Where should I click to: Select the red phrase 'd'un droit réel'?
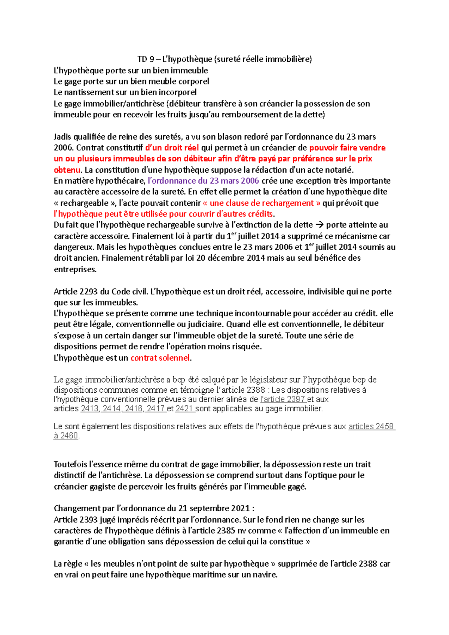pyautogui.click(x=172, y=148)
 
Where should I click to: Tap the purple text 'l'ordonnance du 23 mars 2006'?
pyautogui.click(x=204, y=181)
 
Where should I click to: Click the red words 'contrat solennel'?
pyautogui.click(x=160, y=358)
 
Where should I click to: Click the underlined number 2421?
pyautogui.click(x=184, y=409)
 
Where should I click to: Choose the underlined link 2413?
pyautogui.click(x=90, y=409)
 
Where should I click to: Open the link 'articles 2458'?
pyautogui.click(x=371, y=427)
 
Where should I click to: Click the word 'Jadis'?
pyautogui.click(x=64, y=137)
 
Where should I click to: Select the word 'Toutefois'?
pyautogui.click(x=71, y=464)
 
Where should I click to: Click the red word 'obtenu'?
pyautogui.click(x=67, y=170)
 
